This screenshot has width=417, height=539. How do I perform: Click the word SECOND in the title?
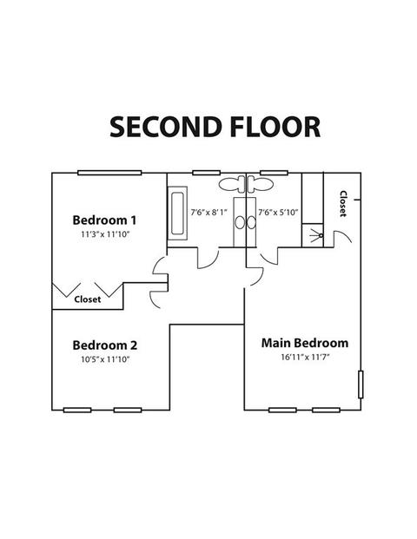tap(165, 127)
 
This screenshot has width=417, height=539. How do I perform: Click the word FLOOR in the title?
tap(275, 127)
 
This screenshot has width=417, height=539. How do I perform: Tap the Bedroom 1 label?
tap(104, 220)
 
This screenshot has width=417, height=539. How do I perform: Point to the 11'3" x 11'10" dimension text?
tap(105, 234)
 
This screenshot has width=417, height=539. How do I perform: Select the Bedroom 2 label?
tap(105, 345)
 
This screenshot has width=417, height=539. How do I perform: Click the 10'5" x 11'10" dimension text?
tap(105, 359)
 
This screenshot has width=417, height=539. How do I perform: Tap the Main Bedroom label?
tap(305, 343)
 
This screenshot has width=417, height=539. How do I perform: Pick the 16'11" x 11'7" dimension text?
tap(305, 357)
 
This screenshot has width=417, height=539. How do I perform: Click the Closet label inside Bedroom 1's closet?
tap(88, 299)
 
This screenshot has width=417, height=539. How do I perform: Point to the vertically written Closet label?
tap(343, 203)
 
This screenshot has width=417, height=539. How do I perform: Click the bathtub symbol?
tap(177, 214)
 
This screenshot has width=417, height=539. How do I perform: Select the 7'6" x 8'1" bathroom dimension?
tap(209, 213)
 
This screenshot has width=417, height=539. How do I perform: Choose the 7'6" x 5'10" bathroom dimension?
tap(278, 213)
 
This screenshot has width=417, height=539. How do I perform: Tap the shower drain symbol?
tap(321, 235)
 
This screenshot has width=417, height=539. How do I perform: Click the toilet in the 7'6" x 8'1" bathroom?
tap(232, 184)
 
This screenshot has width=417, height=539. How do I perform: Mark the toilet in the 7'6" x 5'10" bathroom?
tap(261, 184)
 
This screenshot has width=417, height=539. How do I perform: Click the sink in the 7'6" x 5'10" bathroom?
tap(252, 223)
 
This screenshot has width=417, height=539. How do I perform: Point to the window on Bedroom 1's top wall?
tap(109, 173)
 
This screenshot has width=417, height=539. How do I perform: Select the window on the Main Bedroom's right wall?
tap(361, 385)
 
